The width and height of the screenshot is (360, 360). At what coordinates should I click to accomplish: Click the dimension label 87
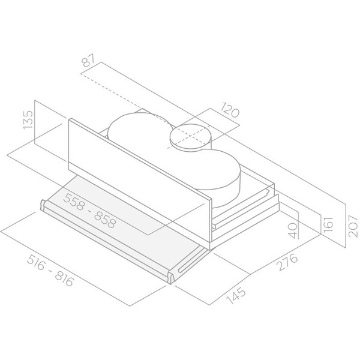[88, 60]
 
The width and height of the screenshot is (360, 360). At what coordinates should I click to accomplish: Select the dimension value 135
[28, 120]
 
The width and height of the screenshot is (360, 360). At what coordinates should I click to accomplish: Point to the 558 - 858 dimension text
[90, 211]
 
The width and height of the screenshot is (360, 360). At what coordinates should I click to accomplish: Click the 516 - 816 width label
[50, 271]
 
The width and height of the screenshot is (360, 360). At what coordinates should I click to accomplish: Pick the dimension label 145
[236, 296]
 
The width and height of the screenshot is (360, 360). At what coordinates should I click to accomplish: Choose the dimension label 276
[287, 262]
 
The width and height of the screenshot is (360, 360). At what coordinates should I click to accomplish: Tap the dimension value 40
[293, 230]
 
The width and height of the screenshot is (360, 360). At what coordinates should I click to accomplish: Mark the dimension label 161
[328, 224]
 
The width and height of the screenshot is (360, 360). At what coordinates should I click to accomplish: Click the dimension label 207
[353, 226]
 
